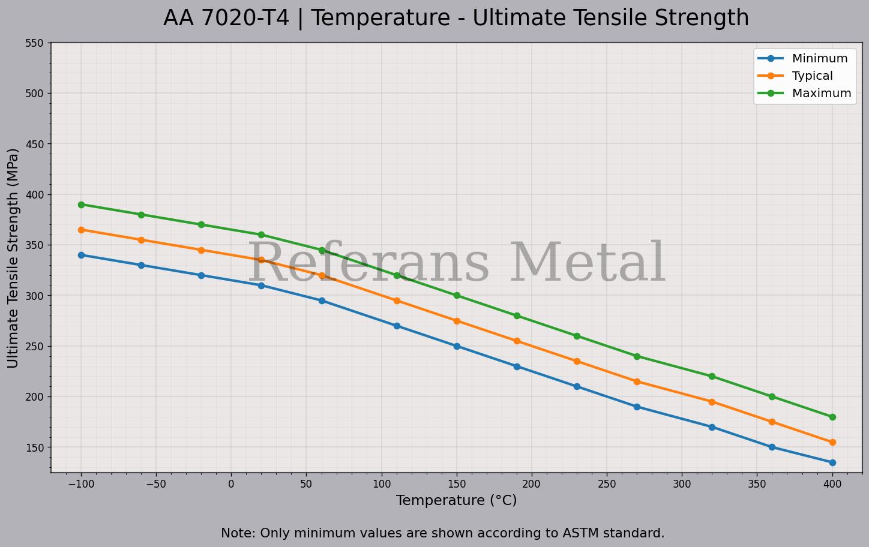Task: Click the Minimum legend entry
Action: [819, 59]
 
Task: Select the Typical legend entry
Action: [812, 76]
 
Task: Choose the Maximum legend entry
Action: [821, 94]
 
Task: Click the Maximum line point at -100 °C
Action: [81, 205]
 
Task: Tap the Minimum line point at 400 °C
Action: [832, 462]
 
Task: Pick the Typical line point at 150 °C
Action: [457, 321]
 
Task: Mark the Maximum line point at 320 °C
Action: [712, 377]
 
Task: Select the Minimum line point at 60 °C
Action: [322, 300]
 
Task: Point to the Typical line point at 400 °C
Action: [832, 443]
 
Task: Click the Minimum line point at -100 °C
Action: [81, 255]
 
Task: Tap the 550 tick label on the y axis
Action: [34, 43]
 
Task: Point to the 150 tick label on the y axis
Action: [34, 447]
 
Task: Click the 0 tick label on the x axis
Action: [231, 484]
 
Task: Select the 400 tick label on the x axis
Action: [832, 484]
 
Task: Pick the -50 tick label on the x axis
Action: [155, 484]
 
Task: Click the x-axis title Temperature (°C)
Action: [456, 500]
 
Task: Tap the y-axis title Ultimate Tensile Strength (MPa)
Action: [13, 258]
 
